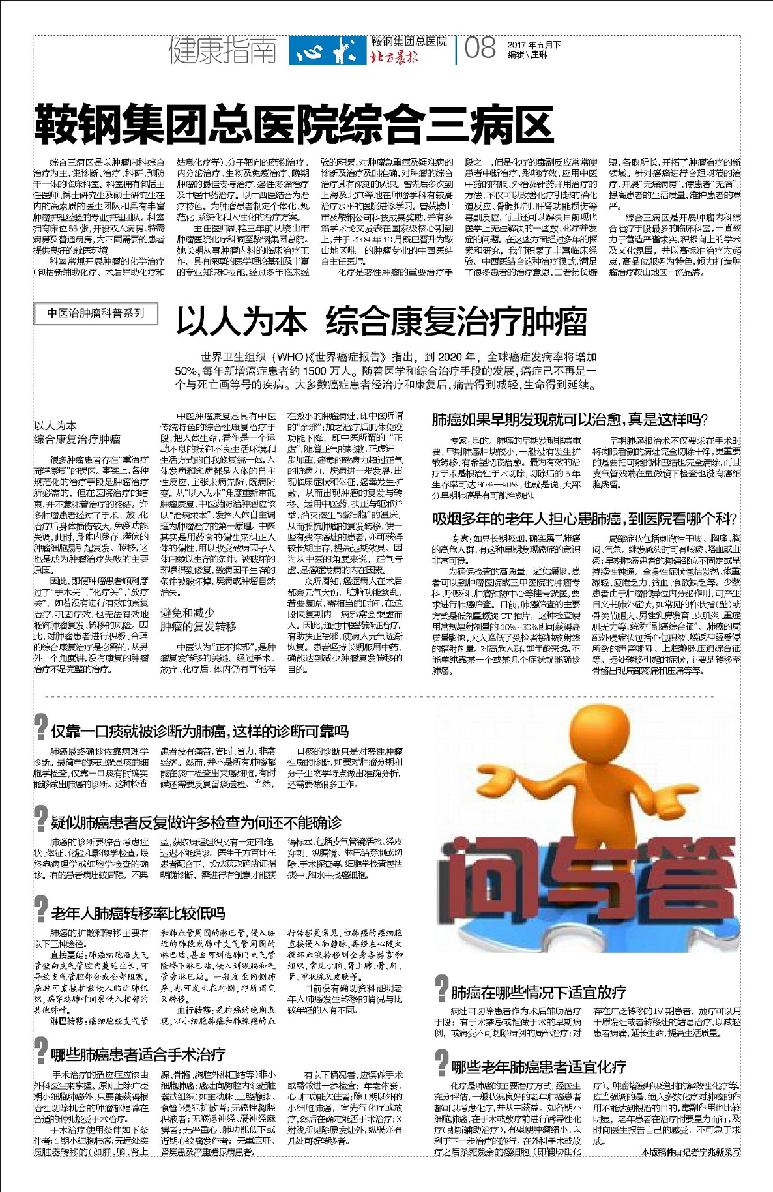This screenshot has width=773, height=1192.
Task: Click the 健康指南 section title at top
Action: [222, 50]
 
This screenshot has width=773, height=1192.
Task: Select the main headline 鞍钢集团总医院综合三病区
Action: [294, 124]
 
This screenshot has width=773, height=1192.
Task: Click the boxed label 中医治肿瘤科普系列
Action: [96, 313]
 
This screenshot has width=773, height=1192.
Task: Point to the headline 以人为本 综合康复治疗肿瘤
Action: [381, 321]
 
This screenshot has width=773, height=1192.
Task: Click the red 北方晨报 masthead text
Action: [394, 57]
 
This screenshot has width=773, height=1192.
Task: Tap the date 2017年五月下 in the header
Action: [534, 45]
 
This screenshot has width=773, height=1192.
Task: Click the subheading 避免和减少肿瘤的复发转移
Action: [199, 619]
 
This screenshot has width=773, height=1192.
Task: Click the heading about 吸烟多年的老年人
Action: [584, 519]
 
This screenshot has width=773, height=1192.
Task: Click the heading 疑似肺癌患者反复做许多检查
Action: [196, 822]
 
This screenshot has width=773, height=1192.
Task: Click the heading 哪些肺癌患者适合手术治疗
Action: [138, 1054]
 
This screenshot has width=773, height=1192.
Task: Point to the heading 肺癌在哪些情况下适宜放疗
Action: [538, 992]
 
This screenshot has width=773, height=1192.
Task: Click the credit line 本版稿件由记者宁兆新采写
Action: [691, 1170]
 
